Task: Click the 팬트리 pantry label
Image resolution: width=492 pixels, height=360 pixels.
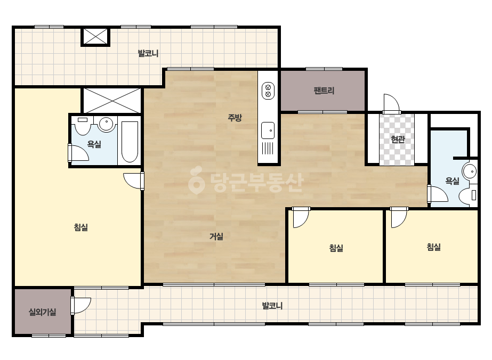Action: pyautogui.click(x=324, y=91)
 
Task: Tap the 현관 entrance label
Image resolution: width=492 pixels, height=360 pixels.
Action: pyautogui.click(x=398, y=139)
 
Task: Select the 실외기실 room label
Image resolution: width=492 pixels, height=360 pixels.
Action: pyautogui.click(x=42, y=312)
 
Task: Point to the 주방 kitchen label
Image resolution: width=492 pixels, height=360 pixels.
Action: pyautogui.click(x=235, y=118)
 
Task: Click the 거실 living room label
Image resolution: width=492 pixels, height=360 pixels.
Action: pyautogui.click(x=216, y=236)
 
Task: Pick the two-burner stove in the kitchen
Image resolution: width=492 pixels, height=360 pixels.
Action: pyautogui.click(x=268, y=91)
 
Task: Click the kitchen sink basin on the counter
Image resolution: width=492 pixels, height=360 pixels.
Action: pyautogui.click(x=268, y=130)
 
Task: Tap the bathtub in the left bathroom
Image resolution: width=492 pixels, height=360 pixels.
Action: pyautogui.click(x=130, y=142)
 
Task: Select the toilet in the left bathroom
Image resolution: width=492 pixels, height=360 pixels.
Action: pyautogui.click(x=83, y=126)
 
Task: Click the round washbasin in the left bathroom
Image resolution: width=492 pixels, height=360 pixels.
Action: pyautogui.click(x=106, y=124)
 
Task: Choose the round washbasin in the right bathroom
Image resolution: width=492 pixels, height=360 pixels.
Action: pyautogui.click(x=470, y=171)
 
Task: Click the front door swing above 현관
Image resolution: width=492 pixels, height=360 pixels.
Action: pyautogui.click(x=391, y=104)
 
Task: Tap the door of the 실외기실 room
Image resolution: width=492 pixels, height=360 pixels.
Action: pyautogui.click(x=81, y=305)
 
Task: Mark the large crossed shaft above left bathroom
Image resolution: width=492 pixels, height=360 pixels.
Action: pyautogui.click(x=112, y=100)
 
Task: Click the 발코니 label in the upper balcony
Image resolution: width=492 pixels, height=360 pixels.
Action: pyautogui.click(x=148, y=53)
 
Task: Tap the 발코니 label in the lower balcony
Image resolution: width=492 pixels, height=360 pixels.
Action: pyautogui.click(x=272, y=306)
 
